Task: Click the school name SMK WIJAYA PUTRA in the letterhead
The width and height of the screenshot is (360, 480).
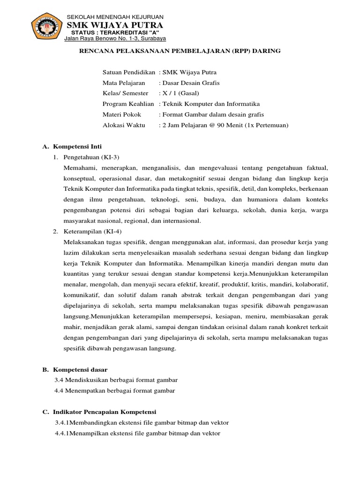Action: tap(115, 24)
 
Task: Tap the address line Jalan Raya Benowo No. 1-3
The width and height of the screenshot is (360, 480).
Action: tap(115, 39)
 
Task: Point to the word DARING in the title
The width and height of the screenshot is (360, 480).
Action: tap(266, 51)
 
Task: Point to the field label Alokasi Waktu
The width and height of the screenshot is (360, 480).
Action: tap(124, 125)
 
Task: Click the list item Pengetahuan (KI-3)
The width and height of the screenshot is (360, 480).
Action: tap(92, 157)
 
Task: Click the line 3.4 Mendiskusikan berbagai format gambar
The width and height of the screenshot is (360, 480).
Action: tap(116, 380)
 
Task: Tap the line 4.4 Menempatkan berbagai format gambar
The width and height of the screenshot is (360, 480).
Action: tap(114, 390)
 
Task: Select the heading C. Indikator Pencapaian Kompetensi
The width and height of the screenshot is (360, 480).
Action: tap(99, 412)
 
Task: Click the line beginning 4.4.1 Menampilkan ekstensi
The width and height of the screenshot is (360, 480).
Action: tap(137, 433)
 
